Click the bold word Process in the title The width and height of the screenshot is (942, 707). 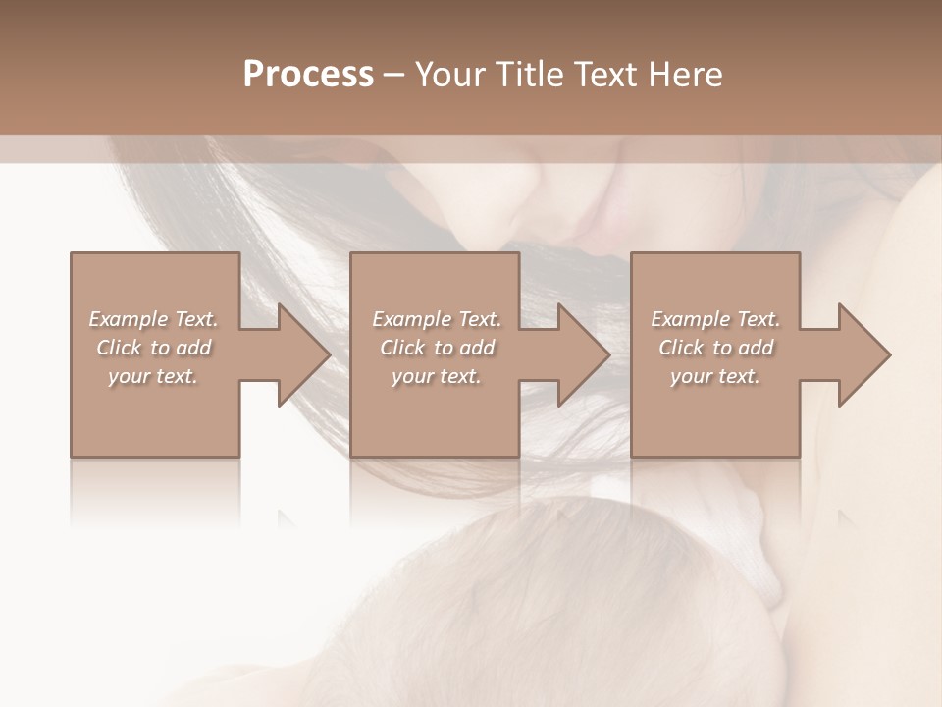click(308, 75)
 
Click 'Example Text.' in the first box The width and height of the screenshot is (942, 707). click(153, 319)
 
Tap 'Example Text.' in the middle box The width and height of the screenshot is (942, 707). click(437, 319)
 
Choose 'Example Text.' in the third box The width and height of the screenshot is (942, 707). click(715, 319)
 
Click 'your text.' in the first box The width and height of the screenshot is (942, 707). click(153, 376)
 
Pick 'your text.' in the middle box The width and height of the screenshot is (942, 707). click(437, 376)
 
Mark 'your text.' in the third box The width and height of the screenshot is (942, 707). click(715, 376)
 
